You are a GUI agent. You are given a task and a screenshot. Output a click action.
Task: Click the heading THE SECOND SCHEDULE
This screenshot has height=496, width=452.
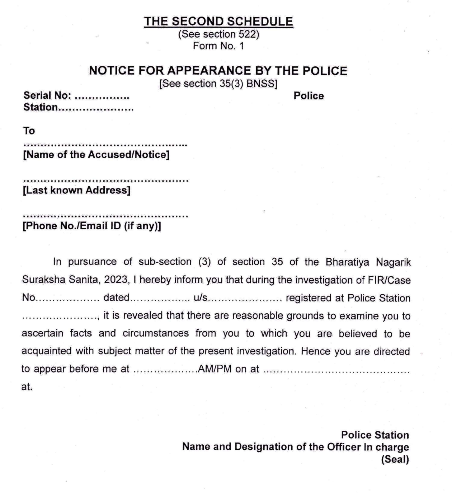click(x=218, y=22)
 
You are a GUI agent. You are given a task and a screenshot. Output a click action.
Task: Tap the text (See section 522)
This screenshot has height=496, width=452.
click(x=218, y=34)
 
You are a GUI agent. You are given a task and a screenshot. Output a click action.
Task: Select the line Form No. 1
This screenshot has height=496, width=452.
click(x=218, y=46)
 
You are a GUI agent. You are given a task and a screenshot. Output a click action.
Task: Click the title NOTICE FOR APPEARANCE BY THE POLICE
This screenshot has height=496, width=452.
click(x=218, y=70)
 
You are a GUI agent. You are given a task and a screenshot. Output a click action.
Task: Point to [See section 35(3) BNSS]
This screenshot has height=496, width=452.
click(x=218, y=84)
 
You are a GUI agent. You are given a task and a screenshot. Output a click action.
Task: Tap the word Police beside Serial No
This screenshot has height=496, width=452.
click(x=309, y=96)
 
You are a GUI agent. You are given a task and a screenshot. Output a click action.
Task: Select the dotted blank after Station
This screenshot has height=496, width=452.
click(x=96, y=109)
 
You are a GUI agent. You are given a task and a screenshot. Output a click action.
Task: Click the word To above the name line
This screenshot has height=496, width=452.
click(x=29, y=131)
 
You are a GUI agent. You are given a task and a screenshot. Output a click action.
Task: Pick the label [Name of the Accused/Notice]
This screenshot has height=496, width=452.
click(x=96, y=155)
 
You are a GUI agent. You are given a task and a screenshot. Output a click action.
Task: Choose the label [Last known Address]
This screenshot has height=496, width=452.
click(x=77, y=190)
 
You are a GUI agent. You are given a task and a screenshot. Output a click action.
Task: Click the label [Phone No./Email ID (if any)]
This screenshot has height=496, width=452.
click(x=92, y=226)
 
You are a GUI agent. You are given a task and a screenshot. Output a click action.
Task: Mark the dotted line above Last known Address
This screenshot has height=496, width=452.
click(x=106, y=181)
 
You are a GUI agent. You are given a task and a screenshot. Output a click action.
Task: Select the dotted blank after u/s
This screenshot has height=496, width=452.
click(x=246, y=299)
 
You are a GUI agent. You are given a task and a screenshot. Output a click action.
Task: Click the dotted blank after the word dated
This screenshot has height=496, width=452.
click(x=160, y=299)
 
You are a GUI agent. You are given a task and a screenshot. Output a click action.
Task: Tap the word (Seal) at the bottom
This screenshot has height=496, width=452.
click(x=395, y=459)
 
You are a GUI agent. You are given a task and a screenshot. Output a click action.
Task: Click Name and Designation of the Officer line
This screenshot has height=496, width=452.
click(x=296, y=447)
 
